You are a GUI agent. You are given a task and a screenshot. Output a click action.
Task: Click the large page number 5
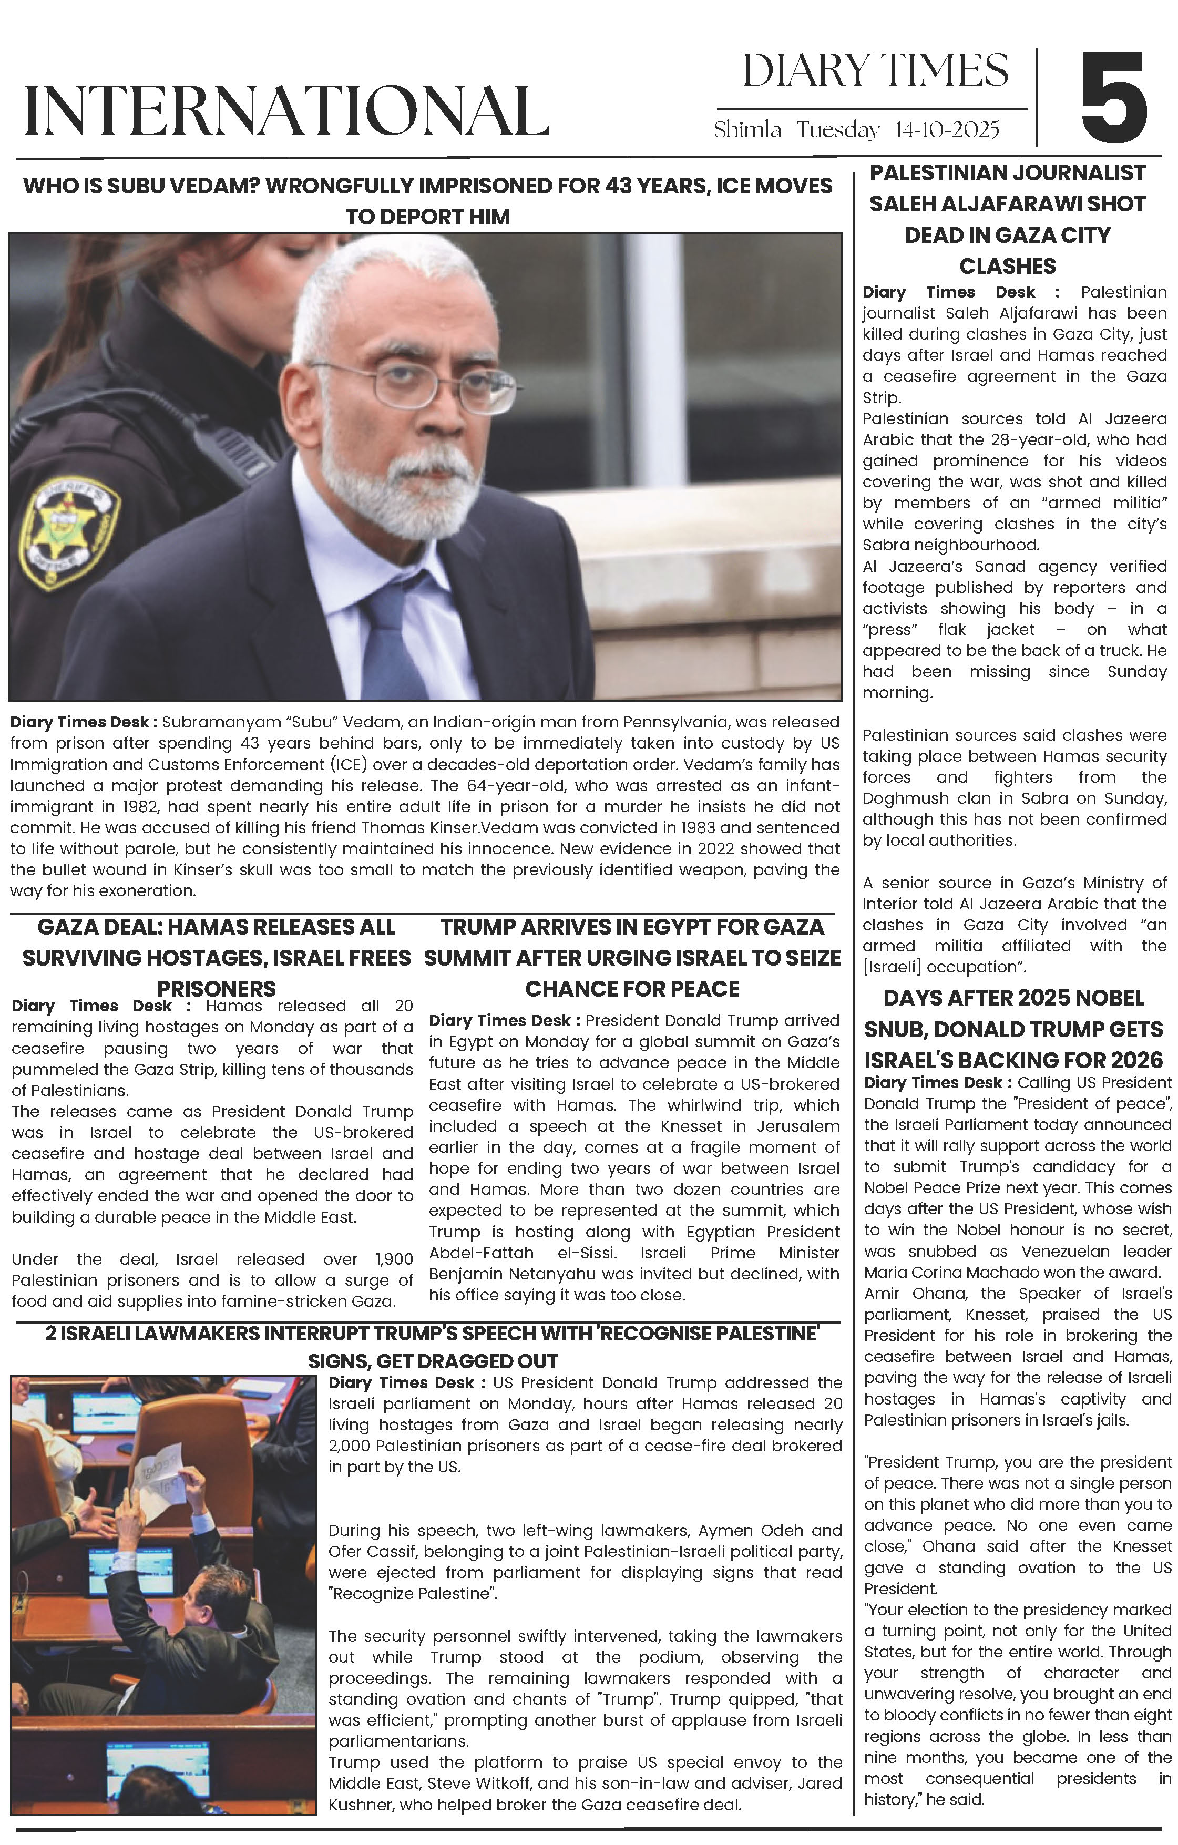coord(1114,97)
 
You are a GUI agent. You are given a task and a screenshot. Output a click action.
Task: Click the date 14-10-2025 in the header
coord(947,130)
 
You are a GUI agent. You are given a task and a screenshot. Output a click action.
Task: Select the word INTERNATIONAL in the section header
coord(286,112)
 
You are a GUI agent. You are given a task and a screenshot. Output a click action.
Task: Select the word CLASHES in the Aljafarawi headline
coord(1007,266)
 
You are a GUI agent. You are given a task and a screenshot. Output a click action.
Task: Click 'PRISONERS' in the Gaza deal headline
coord(216,988)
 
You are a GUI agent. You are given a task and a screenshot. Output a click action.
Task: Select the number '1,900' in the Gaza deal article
coord(393,1259)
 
